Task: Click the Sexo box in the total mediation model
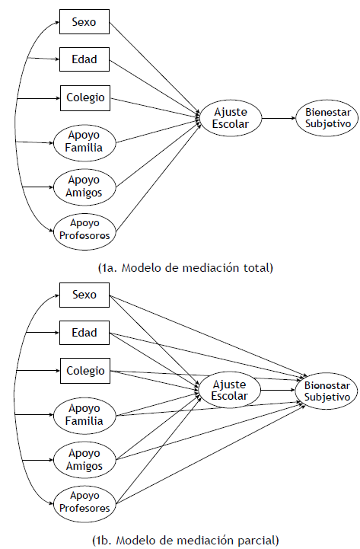tap(84, 23)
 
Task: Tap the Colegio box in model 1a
tap(84, 97)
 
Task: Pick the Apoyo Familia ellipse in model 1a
tap(84, 142)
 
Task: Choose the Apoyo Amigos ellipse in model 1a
tap(84, 187)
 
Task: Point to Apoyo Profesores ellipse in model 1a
tap(84, 229)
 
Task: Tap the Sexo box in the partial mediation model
tap(84, 295)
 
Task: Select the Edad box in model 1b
tap(84, 333)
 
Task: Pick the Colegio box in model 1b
tap(84, 373)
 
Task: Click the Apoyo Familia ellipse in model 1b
tap(84, 417)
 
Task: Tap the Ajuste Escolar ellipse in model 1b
tap(231, 391)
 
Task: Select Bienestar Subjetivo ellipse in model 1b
tap(327, 391)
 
